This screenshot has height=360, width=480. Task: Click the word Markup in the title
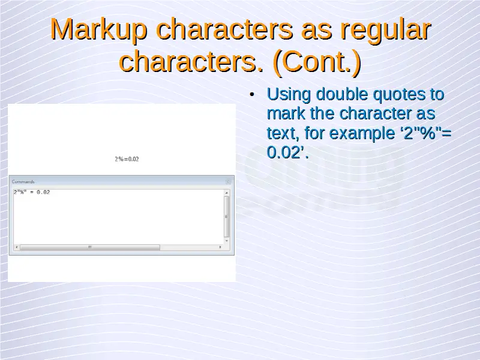98,30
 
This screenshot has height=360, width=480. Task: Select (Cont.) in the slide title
317,62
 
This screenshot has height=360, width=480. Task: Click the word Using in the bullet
289,95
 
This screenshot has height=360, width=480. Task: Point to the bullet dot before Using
252,95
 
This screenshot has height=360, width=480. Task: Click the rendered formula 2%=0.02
127,159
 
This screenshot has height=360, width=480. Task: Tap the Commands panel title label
23,182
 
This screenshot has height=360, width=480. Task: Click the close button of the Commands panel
228,182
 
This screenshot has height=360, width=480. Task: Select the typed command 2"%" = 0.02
32,192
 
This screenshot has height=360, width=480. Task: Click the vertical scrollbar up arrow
227,193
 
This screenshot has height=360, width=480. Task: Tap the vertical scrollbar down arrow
227,241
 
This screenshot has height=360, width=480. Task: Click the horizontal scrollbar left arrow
17,247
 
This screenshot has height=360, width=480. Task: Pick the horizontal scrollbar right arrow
220,247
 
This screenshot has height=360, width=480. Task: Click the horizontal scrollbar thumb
90,247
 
